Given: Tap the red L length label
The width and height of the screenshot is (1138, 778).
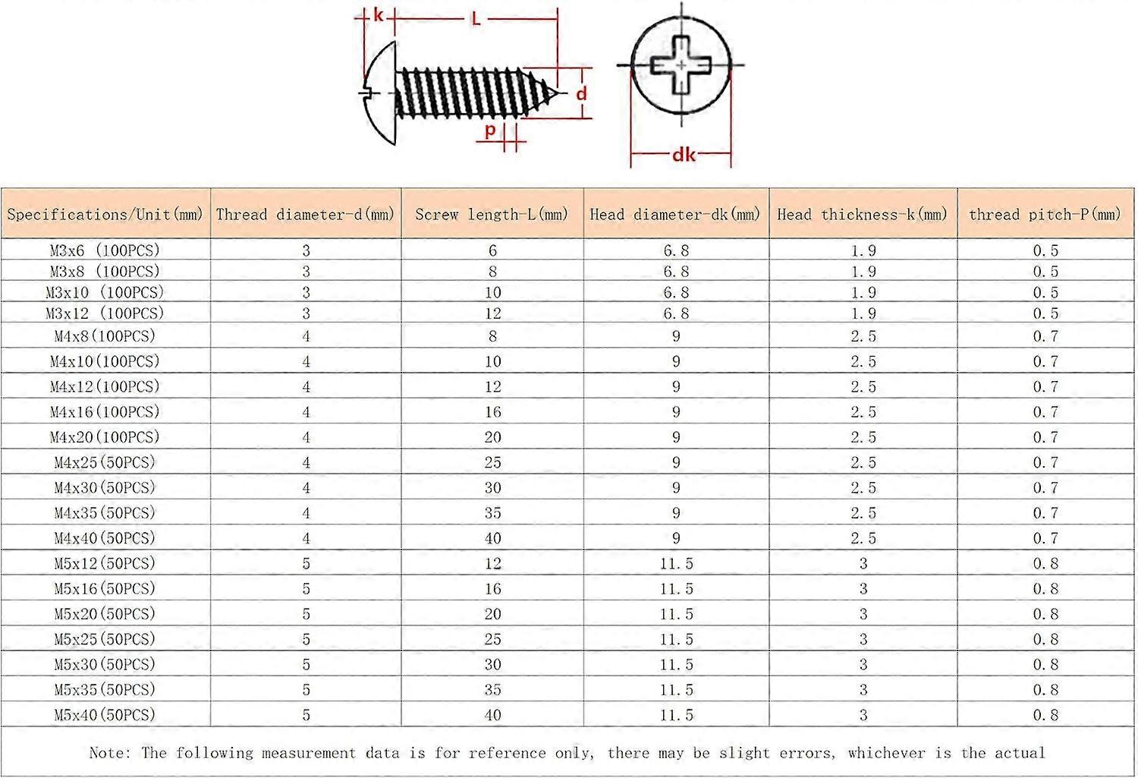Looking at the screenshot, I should pos(476,18).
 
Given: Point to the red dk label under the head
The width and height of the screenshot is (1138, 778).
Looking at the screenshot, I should pos(684,155).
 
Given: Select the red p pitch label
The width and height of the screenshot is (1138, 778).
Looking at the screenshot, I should pos(490,130).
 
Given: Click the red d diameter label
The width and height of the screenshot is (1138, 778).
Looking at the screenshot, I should pos(581,94).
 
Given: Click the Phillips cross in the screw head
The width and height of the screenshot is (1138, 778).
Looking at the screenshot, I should pos(681,65).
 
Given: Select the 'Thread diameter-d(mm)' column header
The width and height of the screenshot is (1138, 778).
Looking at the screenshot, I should pos(306,214).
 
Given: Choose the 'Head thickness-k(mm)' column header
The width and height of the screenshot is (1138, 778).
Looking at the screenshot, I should pos(863,214).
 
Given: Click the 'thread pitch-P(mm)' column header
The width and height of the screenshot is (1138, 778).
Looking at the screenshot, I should pos(1045,214).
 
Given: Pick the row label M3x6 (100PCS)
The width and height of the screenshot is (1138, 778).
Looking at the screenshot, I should pos(105,250).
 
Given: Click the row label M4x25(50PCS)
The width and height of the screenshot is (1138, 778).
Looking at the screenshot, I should pos(105,462).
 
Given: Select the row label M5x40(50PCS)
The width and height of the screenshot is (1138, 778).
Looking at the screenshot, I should pos(105,715).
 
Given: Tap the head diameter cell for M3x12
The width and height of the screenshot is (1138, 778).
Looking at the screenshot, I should pos(676,313).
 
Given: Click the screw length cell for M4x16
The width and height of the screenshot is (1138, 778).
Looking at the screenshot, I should pos(493,412).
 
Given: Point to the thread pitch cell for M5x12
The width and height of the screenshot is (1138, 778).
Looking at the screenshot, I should pos(1045,563).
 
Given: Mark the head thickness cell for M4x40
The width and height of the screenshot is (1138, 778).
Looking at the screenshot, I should pos(863,538).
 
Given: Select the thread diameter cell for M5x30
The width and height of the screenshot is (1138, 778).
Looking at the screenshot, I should pos(307,664).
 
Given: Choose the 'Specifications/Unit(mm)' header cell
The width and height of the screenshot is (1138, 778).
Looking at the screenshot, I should pos(105,214).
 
